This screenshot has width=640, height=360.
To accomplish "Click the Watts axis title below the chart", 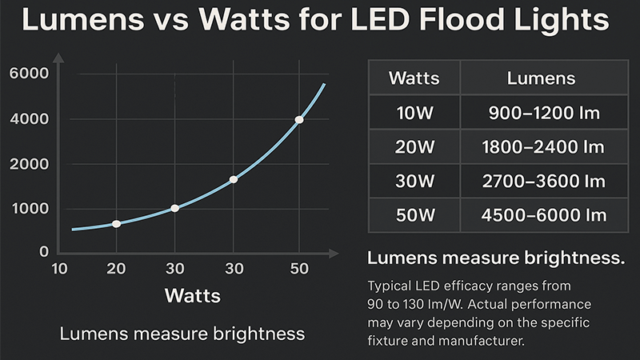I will pyautogui.click(x=193, y=295).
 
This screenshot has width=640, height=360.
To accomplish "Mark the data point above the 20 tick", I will pyautogui.click(x=117, y=224).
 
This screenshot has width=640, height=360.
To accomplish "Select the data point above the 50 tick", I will pyautogui.click(x=299, y=120).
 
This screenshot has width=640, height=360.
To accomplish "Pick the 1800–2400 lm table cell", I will pyautogui.click(x=543, y=147).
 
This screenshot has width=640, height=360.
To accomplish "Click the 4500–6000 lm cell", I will pyautogui.click(x=543, y=216).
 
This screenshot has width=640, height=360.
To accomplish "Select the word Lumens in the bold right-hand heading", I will pyautogui.click(x=400, y=258).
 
